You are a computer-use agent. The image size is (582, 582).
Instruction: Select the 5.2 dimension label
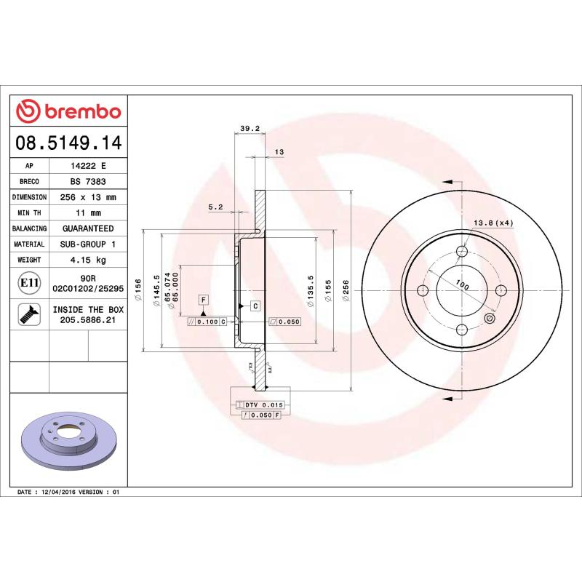click(215, 207)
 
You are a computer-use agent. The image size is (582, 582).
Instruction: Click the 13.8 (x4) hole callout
click(493, 223)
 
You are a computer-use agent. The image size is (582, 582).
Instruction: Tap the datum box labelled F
click(203, 300)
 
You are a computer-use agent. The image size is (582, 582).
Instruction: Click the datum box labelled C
click(256, 306)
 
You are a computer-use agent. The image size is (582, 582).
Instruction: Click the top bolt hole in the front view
click(462, 252)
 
